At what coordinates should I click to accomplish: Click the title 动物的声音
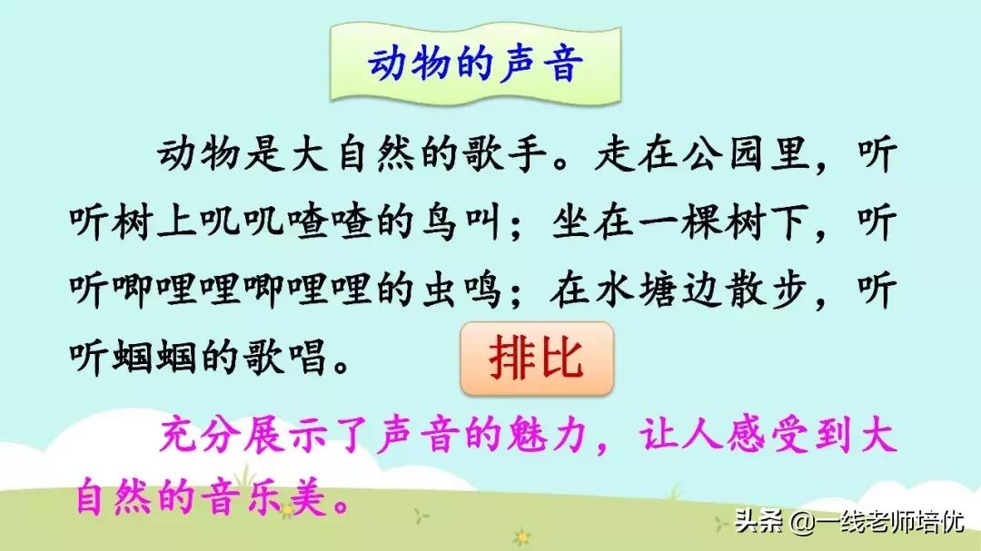coord(472,66)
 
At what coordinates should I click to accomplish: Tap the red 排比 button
coord(536,361)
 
